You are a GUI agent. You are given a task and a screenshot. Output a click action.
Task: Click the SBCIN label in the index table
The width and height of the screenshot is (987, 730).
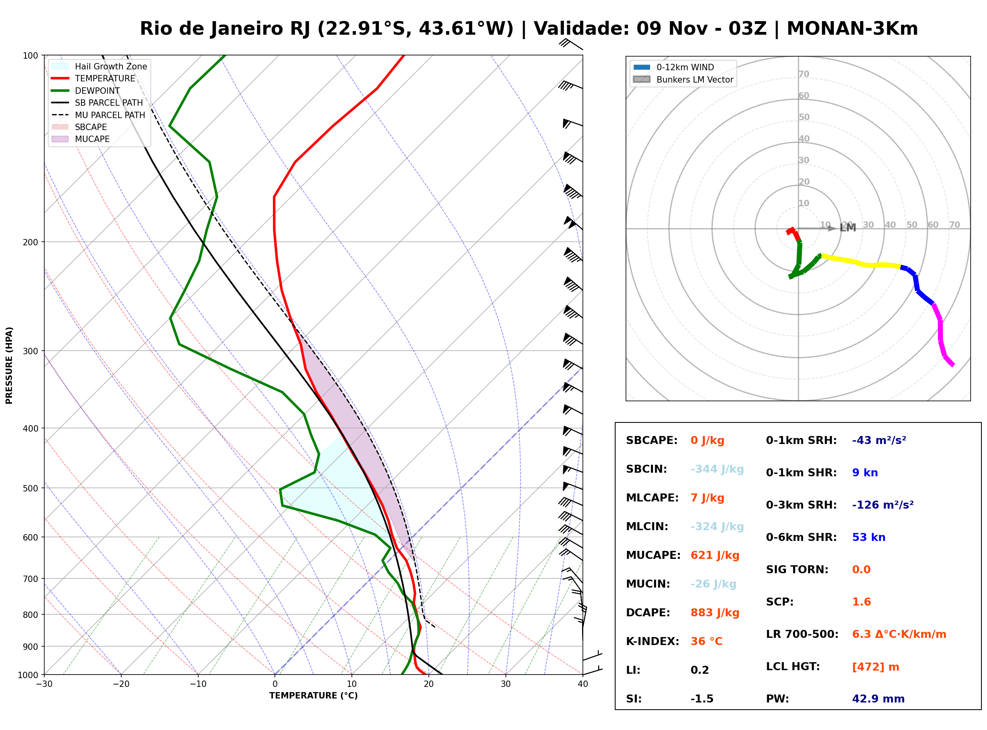click(x=646, y=469)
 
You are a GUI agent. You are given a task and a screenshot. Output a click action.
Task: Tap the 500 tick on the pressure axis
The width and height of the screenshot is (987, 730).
click(x=31, y=488)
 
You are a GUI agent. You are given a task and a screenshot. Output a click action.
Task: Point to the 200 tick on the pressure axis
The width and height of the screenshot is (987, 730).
click(x=31, y=242)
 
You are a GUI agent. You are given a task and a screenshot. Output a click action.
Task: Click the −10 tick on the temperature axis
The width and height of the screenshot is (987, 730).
click(x=198, y=684)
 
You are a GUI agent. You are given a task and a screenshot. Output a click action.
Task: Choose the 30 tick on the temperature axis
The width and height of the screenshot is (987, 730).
click(x=506, y=684)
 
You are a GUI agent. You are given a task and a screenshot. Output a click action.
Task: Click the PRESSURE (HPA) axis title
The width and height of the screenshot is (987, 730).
click(x=9, y=365)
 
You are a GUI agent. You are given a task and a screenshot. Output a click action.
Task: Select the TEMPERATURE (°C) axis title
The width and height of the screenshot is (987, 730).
click(x=313, y=696)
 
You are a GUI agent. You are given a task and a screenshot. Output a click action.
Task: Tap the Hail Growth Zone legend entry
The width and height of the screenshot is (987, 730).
click(x=99, y=66)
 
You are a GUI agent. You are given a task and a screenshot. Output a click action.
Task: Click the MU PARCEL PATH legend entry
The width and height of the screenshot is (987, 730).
click(x=99, y=115)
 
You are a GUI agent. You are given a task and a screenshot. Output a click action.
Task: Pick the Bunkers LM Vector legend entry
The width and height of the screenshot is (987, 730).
click(x=683, y=79)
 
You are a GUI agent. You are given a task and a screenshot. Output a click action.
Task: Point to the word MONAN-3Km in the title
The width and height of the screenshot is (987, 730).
click(x=852, y=29)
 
